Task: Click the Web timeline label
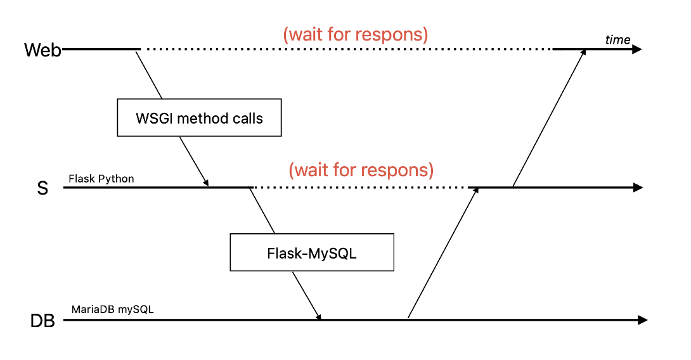click(42, 50)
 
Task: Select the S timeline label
click(42, 188)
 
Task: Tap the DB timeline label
click(43, 321)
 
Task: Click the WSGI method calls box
click(199, 117)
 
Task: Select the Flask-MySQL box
click(312, 254)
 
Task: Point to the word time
click(617, 40)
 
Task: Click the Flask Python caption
click(101, 179)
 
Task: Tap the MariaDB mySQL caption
click(112, 310)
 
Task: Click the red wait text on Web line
click(355, 34)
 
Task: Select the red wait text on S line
click(361, 170)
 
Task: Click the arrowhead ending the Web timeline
click(636, 49)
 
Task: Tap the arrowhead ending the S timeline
click(638, 188)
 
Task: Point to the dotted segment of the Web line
click(345, 49)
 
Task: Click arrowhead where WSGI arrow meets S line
click(206, 183)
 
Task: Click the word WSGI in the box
click(153, 118)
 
